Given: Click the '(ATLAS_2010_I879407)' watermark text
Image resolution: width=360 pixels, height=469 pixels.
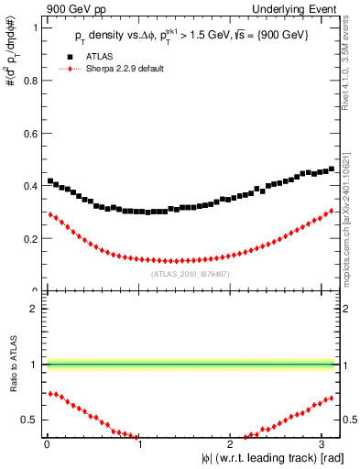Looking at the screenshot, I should (x=190, y=273).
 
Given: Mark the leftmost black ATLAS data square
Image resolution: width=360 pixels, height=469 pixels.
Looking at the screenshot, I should (x=50, y=180).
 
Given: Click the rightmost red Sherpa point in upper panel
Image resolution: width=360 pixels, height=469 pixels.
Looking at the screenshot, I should (x=332, y=211).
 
